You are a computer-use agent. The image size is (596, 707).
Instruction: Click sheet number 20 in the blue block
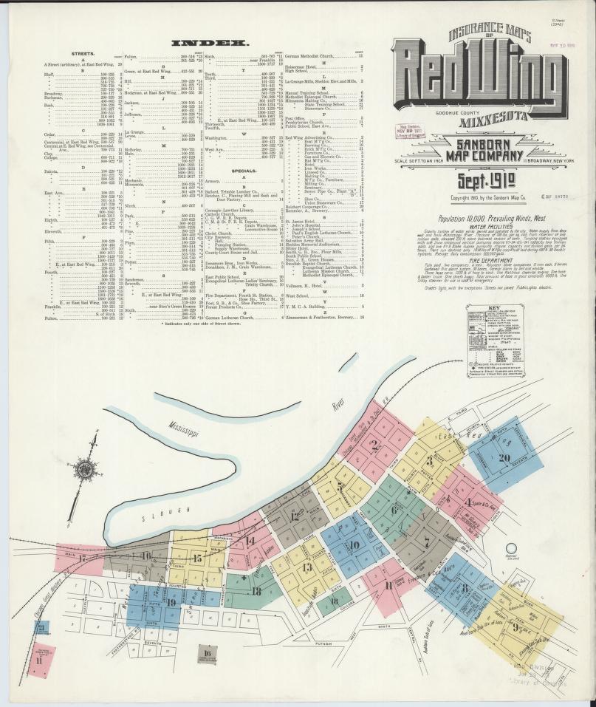point(505,457)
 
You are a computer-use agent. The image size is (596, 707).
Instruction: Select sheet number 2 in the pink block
point(375,445)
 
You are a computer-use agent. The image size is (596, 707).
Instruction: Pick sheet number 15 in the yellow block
point(196,559)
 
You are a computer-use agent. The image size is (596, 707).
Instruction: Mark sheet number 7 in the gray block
point(426,540)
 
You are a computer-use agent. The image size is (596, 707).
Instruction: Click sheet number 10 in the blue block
point(354,546)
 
